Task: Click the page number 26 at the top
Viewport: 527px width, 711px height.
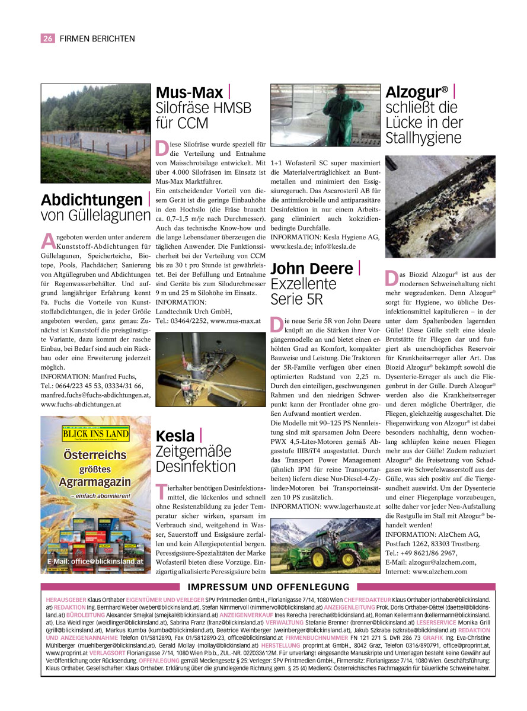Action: point(47,39)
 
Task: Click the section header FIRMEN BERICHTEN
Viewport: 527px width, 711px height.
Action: point(97,39)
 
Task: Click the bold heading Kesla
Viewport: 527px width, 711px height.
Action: point(175,436)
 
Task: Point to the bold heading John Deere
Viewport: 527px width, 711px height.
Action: point(312,268)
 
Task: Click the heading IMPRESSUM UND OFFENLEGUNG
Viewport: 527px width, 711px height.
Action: point(269,587)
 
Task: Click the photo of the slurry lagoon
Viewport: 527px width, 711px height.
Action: point(95,133)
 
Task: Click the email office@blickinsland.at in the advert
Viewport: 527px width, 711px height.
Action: point(95,561)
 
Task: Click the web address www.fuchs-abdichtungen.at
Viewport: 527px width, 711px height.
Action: point(81,404)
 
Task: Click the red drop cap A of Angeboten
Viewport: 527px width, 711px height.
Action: point(47,241)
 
